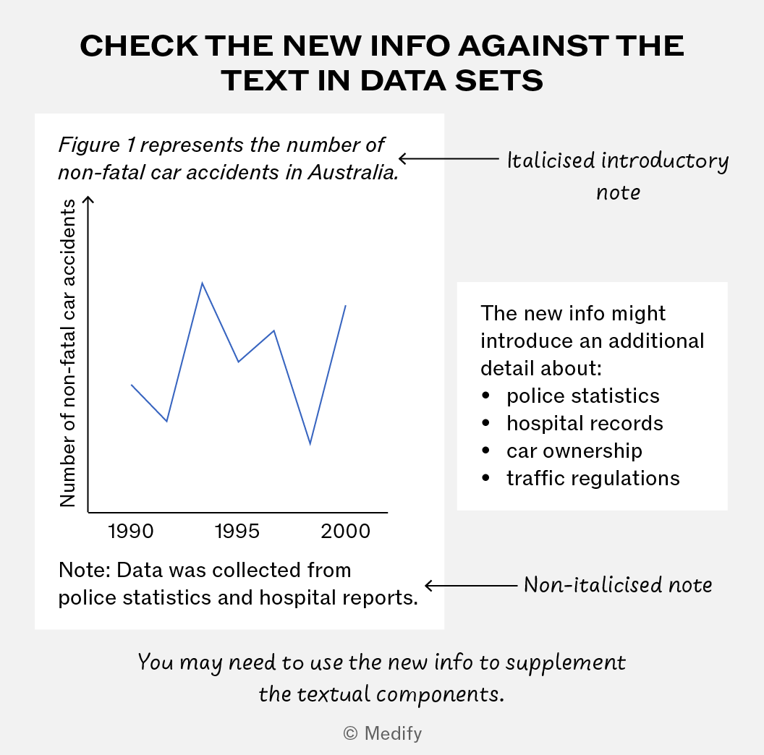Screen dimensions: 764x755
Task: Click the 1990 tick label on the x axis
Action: tap(131, 531)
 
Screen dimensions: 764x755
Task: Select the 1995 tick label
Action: tap(237, 531)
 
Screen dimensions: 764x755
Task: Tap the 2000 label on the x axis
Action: tap(345, 531)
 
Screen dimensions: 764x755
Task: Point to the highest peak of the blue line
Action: tap(202, 283)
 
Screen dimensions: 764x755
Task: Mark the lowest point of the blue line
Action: tap(310, 444)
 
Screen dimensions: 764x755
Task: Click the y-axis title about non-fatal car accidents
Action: tap(68, 353)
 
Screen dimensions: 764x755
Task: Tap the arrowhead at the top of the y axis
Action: tap(88, 199)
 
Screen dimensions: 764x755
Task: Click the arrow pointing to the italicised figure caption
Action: tap(449, 158)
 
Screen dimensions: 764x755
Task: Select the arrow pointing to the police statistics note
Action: tap(471, 585)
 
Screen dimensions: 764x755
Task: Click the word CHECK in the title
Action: tap(139, 46)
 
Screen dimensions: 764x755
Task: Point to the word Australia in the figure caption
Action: tap(353, 172)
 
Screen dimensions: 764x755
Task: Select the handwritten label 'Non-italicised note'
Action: tap(618, 584)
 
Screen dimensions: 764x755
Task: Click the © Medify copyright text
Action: tap(383, 733)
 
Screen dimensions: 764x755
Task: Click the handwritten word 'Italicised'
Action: tap(551, 161)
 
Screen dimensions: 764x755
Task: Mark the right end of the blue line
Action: tap(345, 305)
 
